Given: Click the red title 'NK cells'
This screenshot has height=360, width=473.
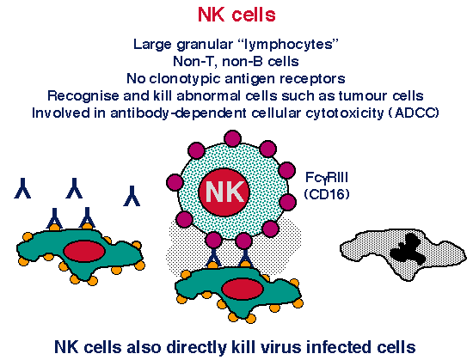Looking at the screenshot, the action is tap(236, 15).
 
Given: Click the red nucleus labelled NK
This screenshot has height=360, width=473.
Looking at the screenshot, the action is tap(224, 192).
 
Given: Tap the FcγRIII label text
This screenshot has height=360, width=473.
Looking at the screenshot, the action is tap(327, 178).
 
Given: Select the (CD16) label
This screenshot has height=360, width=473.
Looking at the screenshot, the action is tap(327, 193).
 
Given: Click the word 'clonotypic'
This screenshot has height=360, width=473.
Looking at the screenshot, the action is tap(185, 79).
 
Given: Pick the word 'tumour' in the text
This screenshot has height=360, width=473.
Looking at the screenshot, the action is tap(364, 95).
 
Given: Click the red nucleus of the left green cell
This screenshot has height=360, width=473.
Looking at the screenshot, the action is tap(84, 251).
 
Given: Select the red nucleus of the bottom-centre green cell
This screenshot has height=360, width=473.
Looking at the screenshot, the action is tap(243, 289).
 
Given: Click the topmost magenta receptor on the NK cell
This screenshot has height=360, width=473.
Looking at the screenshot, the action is tap(233, 138).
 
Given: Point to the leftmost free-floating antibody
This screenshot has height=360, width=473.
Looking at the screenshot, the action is tap(22, 188).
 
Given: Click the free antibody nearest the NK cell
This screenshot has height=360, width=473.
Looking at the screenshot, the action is tap(132, 196).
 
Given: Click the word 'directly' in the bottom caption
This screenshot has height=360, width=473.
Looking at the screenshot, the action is tap(196, 347).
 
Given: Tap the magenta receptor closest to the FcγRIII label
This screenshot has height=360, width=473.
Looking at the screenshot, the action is tap(286, 170).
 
